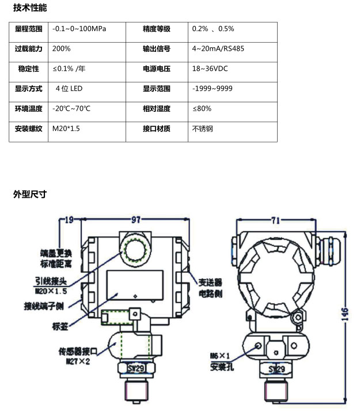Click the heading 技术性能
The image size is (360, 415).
click(30, 8)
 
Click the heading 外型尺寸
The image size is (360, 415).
click(30, 194)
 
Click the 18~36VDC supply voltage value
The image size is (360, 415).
click(210, 69)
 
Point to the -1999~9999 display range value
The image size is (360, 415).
click(213, 89)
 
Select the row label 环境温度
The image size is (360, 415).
click(29, 108)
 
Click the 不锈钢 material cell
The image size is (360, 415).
click(202, 129)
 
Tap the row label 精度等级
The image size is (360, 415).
click(157, 28)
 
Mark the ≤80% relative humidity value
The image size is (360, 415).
click(202, 108)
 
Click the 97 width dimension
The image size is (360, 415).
click(136, 220)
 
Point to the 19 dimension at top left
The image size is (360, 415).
click(70, 220)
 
